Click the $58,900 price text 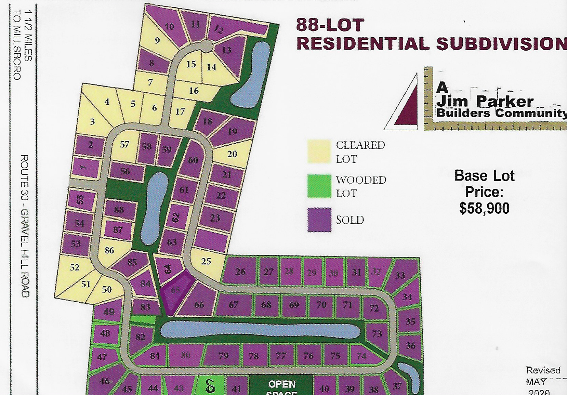[484, 208]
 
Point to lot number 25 [206, 261]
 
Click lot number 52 [75, 267]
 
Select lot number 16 [194, 91]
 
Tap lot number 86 [109, 250]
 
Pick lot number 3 [92, 121]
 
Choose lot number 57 [124, 144]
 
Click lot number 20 [232, 154]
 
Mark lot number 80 [185, 355]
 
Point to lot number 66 [199, 305]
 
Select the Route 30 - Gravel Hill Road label [25, 226]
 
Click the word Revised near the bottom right [543, 370]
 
